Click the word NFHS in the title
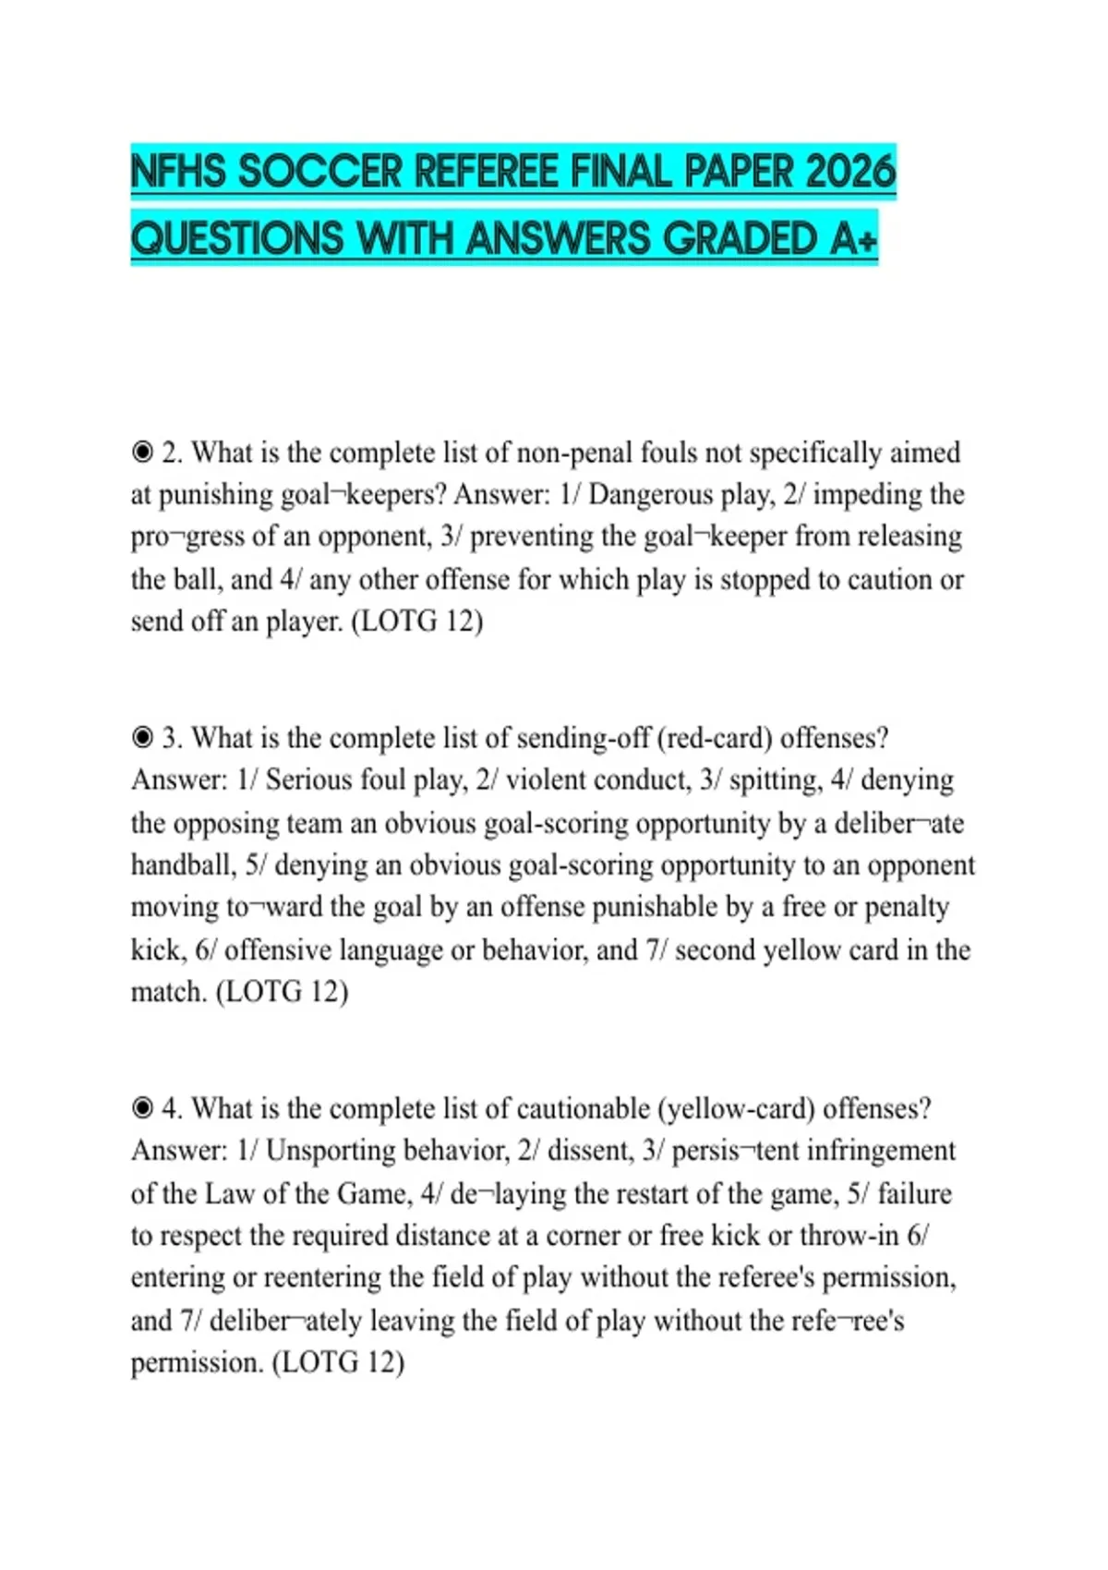click(x=178, y=172)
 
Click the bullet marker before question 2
click(x=142, y=453)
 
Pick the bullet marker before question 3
click(x=142, y=738)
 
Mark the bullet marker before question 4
click(x=142, y=1107)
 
